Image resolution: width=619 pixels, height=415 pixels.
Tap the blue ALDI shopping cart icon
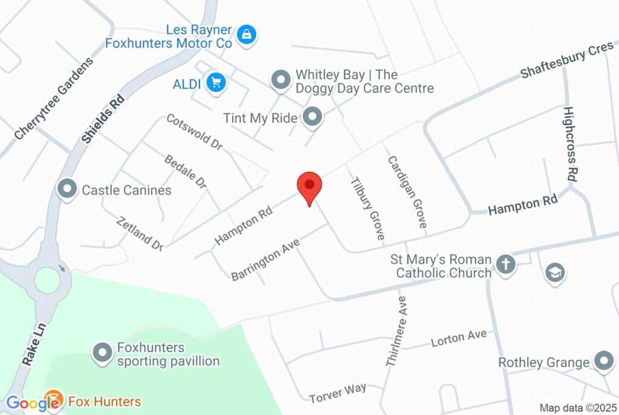pos(215,83)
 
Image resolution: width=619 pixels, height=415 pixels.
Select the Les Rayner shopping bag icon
pos(247,34)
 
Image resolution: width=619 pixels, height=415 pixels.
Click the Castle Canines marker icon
pos(66,190)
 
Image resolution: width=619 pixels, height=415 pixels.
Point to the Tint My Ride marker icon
pos(313,117)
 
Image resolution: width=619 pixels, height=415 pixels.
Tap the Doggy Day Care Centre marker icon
pos(280,79)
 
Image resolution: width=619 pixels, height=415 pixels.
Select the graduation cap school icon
pos(554,272)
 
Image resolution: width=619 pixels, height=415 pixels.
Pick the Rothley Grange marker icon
pos(603,362)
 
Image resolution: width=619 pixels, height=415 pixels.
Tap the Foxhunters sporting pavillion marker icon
pos(102,354)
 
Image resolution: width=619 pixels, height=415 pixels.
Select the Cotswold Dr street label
pos(195,132)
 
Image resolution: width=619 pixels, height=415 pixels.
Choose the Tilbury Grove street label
pos(368,208)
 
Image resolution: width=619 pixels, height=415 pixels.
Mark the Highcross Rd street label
pos(569,145)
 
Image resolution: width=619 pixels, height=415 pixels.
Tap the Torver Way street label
pos(337,393)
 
